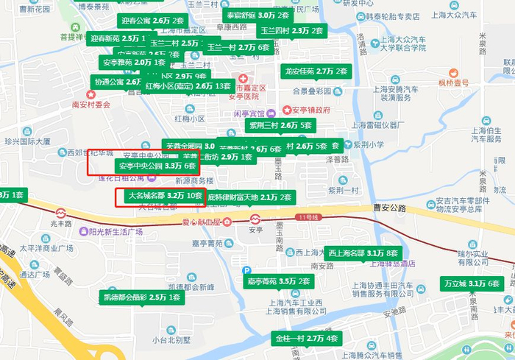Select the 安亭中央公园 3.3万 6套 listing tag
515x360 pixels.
coord(159,166)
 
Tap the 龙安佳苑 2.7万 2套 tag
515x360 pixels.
coord(315,71)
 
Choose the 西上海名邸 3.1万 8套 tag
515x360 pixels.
coord(363,253)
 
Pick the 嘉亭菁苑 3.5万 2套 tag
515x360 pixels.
coord(279,281)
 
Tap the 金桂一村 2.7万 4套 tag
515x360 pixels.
coord(306,339)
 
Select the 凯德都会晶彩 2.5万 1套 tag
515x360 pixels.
coord(141,297)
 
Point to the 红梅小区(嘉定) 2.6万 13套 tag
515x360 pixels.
coord(188,86)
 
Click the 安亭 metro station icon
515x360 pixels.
coord(255,219)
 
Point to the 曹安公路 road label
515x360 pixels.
coord(388,208)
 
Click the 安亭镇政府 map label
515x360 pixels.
coord(305,110)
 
